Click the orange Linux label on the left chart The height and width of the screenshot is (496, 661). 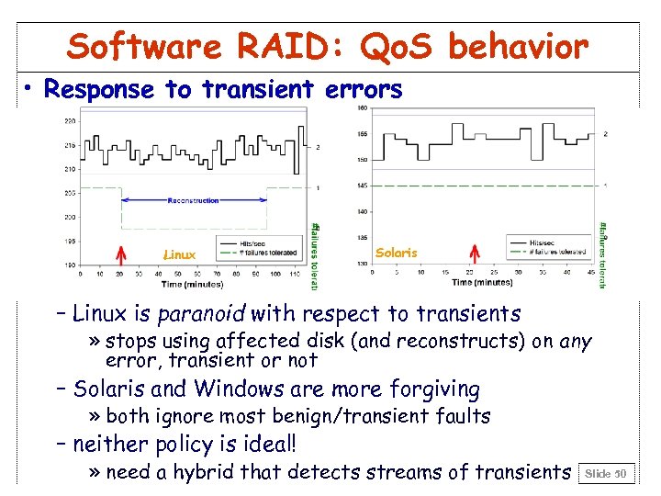pos(179,254)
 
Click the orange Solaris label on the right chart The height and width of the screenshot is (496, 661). pos(397,252)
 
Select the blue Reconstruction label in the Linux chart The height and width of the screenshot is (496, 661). pos(194,199)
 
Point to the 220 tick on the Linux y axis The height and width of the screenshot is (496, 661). pos(71,121)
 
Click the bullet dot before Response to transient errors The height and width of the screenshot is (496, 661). pos(30,89)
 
